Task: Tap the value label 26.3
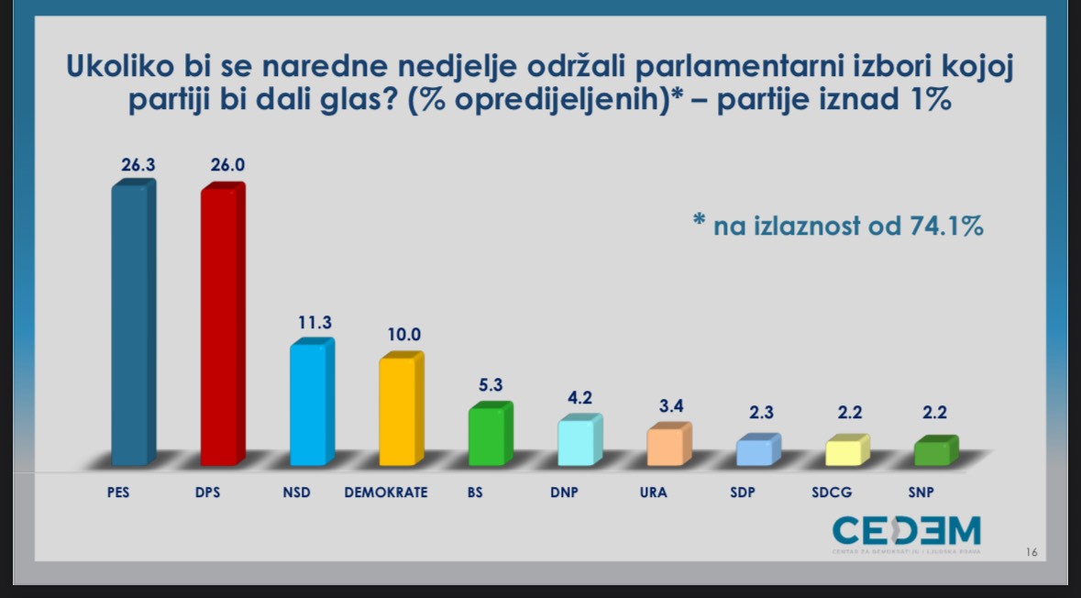[139, 166]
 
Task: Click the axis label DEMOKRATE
[386, 493]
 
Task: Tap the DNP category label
[564, 493]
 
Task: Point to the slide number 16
[1031, 552]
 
